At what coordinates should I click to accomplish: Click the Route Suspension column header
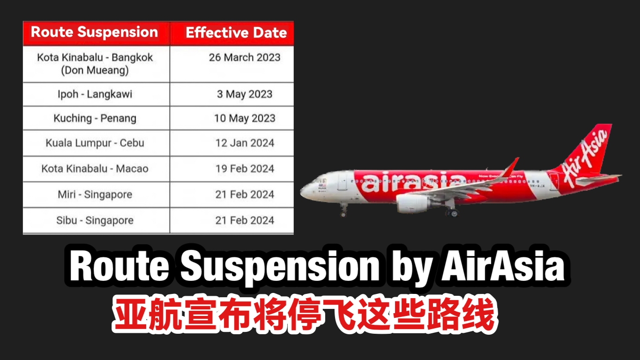94,32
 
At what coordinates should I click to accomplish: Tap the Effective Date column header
236,33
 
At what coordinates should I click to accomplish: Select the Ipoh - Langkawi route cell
95,94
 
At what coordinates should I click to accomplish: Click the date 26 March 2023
245,58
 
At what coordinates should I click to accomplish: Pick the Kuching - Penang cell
95,119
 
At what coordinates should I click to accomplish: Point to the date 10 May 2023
245,119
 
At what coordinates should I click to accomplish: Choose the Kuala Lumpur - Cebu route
95,143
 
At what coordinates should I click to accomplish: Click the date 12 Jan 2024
245,143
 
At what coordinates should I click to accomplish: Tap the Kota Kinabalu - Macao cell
95,169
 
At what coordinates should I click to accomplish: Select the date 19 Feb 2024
245,169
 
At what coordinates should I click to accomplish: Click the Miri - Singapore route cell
95,195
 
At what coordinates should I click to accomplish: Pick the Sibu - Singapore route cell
95,220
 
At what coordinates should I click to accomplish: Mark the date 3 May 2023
245,94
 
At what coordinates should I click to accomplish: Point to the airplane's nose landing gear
343,210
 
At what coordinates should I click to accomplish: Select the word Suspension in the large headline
280,267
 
